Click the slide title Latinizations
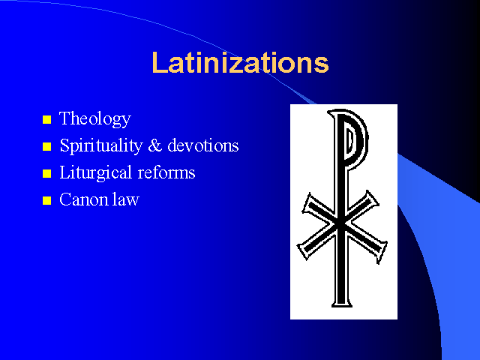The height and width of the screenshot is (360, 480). point(240,62)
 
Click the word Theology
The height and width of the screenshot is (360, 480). point(95,118)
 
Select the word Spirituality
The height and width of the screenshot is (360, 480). point(101,145)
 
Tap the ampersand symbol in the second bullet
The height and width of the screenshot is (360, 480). point(155,145)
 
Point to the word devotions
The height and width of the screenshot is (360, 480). point(203,145)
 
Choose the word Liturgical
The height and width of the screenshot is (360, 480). point(95,172)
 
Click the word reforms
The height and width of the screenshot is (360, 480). point(166,172)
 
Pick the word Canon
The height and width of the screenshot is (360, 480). point(83,199)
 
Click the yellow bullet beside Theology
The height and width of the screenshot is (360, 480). point(46,119)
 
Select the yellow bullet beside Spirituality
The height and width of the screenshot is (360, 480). point(46,146)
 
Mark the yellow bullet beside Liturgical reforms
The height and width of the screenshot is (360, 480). point(46,173)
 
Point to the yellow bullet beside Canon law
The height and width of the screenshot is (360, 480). point(46,200)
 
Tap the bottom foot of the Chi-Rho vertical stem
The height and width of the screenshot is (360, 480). point(342,304)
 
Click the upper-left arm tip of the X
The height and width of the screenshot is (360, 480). point(307,202)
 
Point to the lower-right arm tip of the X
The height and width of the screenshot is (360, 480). point(382,252)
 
